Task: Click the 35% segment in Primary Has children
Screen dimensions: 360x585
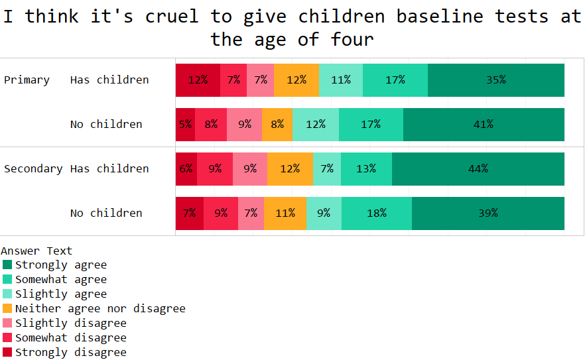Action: [495, 80]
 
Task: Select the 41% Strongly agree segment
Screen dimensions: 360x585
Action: [484, 125]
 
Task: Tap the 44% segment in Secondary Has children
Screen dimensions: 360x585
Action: [478, 169]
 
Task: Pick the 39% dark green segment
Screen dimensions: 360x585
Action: [487, 213]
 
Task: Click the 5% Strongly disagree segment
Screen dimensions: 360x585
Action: [185, 125]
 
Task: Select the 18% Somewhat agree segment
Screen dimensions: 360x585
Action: [376, 213]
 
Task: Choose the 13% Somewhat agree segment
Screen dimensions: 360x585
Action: [366, 169]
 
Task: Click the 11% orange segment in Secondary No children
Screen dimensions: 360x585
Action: [285, 213]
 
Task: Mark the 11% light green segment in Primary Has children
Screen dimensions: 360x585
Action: [341, 80]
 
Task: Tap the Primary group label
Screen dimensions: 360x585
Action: [27, 80]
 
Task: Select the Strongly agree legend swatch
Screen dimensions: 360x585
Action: [7, 265]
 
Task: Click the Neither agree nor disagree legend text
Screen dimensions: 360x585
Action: [100, 309]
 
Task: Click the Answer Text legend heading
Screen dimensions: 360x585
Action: [36, 251]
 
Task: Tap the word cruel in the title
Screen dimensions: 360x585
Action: [171, 17]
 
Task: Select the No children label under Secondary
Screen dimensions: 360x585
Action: [106, 213]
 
